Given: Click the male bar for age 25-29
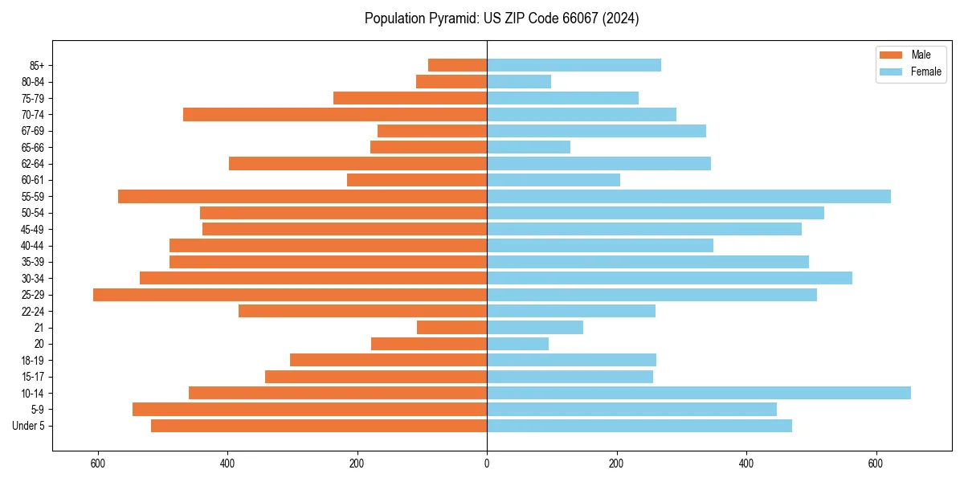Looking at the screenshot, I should (x=290, y=295).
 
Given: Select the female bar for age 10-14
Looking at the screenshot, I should (x=699, y=393).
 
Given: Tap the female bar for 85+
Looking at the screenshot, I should (x=574, y=65).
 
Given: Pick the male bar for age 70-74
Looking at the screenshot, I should (x=335, y=114).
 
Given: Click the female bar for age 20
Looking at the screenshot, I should (x=517, y=344).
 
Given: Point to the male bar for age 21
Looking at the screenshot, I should (x=451, y=328).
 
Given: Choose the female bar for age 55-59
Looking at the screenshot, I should (x=688, y=196).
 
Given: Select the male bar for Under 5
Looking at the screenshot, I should (x=319, y=426).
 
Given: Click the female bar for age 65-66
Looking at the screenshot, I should (x=529, y=147).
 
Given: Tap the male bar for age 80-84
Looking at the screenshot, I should (x=451, y=81).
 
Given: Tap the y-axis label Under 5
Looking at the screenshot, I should (x=29, y=426).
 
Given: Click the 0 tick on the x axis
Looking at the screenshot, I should (x=487, y=464).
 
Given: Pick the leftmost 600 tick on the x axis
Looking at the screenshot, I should (x=98, y=464).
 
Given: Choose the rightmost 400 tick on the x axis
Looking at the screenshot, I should (x=746, y=464).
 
